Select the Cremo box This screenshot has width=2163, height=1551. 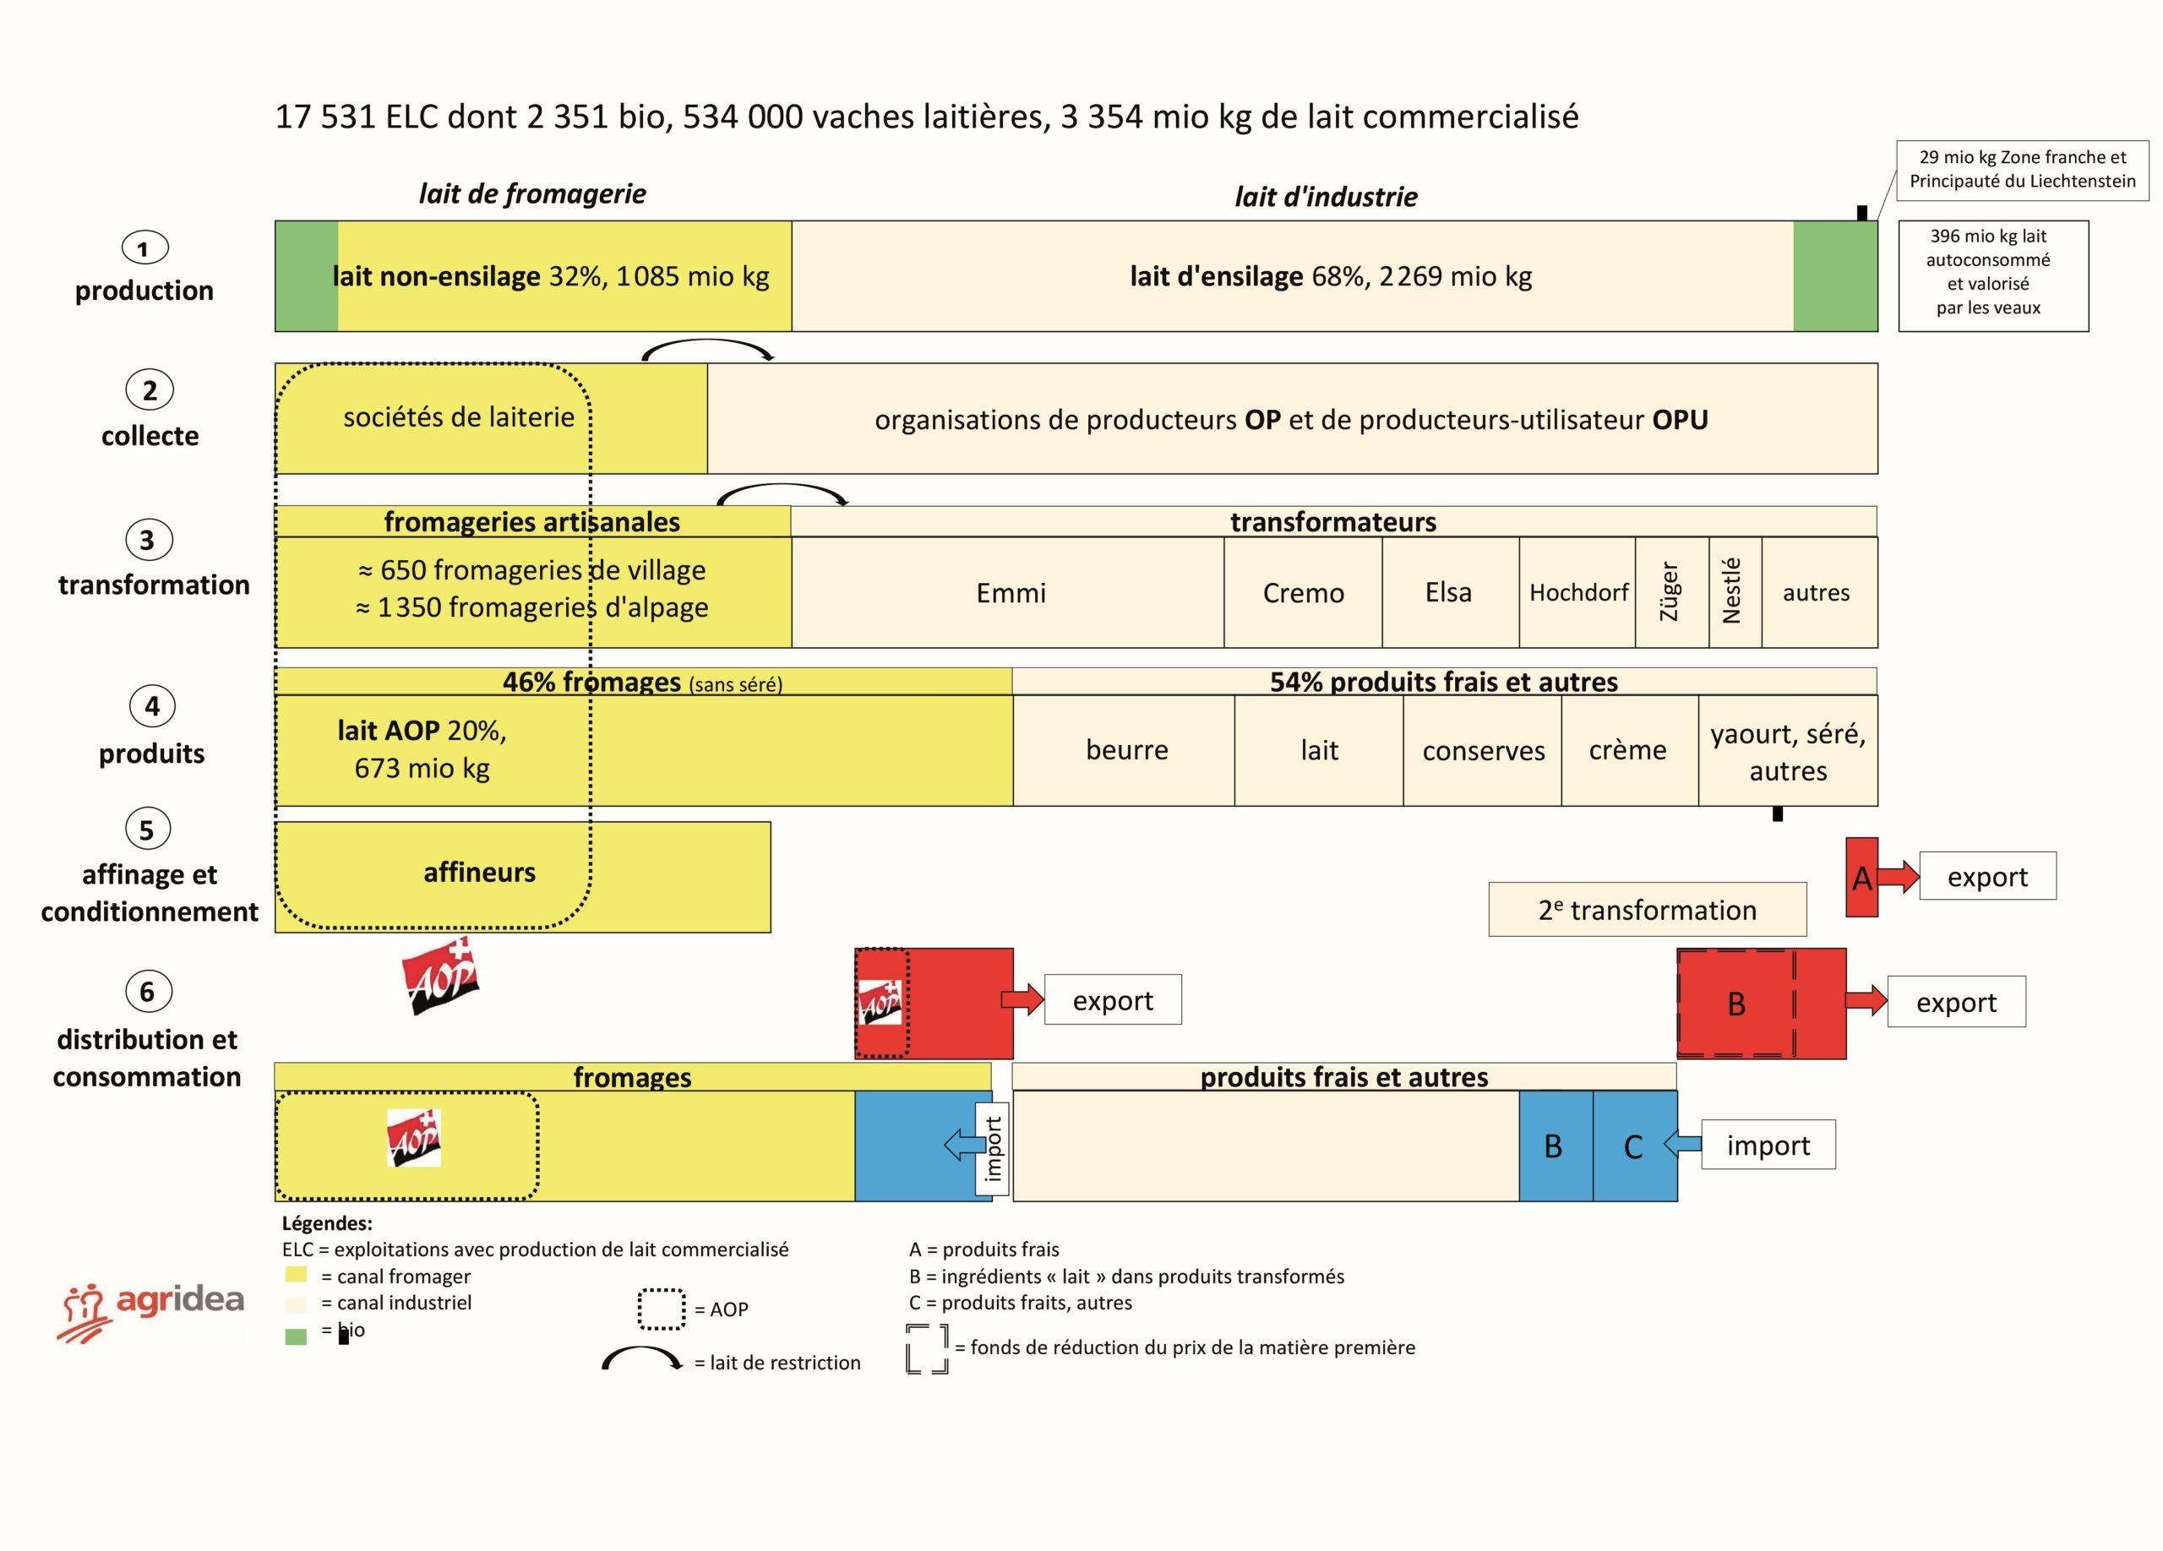(1303, 592)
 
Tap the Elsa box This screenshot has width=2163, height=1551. (1449, 592)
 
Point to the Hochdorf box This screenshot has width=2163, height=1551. (1577, 592)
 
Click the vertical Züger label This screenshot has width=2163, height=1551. (1670, 592)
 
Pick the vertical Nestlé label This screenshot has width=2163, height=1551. (1732, 592)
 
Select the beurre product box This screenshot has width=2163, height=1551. (1125, 750)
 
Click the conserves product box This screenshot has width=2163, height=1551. (1482, 750)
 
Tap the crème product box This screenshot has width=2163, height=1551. (1628, 750)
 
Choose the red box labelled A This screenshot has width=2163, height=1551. (1861, 877)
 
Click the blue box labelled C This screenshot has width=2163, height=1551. (1634, 1146)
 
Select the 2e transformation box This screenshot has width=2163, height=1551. (1647, 910)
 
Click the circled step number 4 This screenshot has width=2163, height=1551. (151, 706)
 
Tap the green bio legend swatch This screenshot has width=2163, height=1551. (296, 1336)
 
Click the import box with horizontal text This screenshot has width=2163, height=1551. (1768, 1145)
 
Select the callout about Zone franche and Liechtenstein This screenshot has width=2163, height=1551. (2022, 170)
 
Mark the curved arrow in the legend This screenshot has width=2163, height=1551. (642, 1359)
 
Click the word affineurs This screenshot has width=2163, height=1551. (479, 873)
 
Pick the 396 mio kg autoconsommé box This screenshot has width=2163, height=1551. (1992, 275)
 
